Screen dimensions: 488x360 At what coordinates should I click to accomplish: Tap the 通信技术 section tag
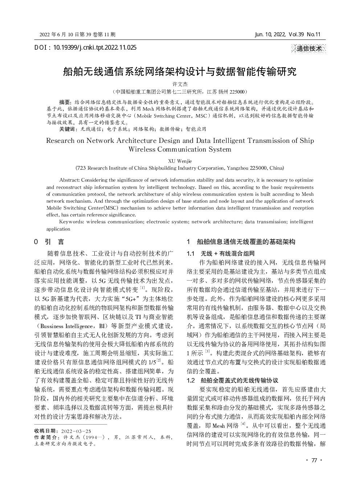pyautogui.click(x=308, y=49)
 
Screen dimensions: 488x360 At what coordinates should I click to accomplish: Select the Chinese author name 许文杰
pyautogui.click(x=180, y=84)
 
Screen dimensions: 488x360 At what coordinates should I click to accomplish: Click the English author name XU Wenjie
pyautogui.click(x=180, y=161)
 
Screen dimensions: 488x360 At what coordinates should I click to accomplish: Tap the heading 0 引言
pyautogui.click(x=49, y=241)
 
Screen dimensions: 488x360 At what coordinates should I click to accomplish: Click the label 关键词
pyautogui.click(x=67, y=129)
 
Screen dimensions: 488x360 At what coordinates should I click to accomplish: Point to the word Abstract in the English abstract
pyautogui.click(x=69, y=180)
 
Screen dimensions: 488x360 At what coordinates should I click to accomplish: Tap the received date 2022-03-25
pyautogui.click(x=76, y=431)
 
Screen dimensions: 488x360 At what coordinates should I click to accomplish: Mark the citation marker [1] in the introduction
pyautogui.click(x=143, y=288)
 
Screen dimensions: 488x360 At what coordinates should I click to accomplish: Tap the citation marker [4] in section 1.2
pyautogui.click(x=243, y=424)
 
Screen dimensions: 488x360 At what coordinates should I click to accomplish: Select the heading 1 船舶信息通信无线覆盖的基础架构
pyautogui.click(x=241, y=242)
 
